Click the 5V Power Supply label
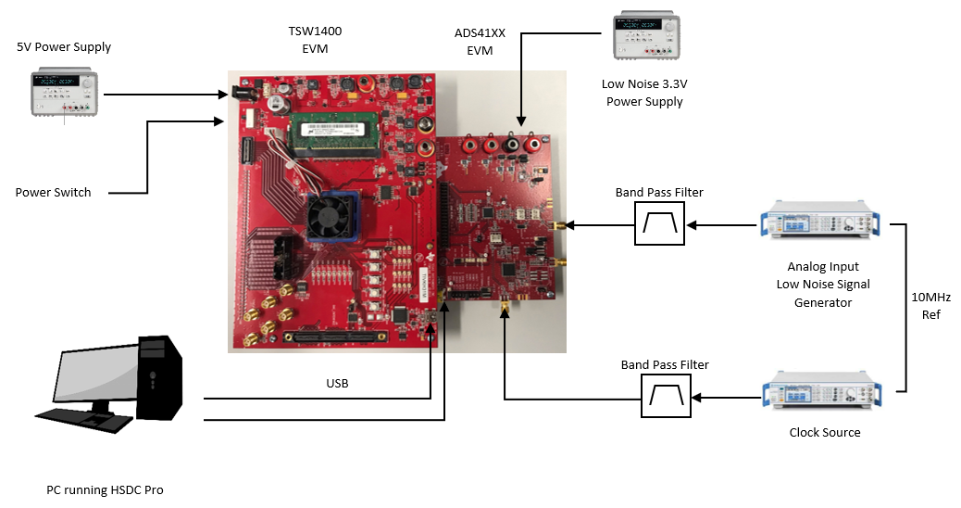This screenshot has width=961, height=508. coord(64,47)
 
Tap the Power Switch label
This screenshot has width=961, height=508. coord(54,193)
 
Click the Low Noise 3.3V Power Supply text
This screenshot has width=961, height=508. coord(644,93)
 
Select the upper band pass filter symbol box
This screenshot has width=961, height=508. coord(659,223)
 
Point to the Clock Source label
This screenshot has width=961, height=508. coord(825,433)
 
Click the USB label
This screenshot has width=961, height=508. coord(337,383)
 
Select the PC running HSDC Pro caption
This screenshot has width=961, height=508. coord(105,489)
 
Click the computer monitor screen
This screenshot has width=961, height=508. coord(91,380)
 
